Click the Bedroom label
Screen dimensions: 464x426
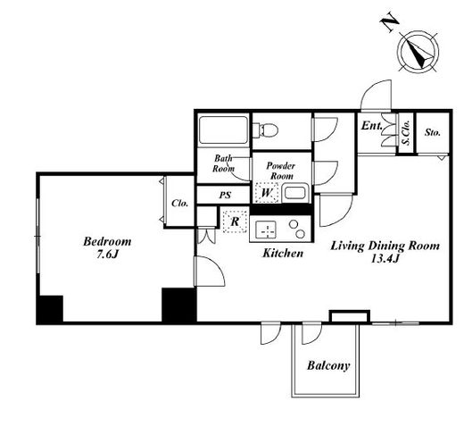point(107,241)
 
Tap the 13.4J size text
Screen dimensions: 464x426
point(385,259)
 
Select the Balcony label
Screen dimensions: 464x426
point(328,365)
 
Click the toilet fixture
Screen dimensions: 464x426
point(265,129)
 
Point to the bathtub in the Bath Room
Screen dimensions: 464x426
point(224,129)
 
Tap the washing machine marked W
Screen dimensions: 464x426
point(267,193)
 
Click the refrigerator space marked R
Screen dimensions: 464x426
point(235,221)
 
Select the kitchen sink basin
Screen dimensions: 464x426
point(266,230)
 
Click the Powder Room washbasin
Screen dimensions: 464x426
point(294,193)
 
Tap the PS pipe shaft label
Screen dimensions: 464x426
point(225,196)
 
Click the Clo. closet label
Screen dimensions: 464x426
point(180,204)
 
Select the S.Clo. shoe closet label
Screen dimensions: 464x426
point(406,132)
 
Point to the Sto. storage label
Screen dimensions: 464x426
point(432,132)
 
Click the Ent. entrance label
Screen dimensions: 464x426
point(372,126)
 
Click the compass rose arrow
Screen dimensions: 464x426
point(418,54)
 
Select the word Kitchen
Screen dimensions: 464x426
point(283,253)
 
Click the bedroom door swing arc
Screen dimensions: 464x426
point(215,265)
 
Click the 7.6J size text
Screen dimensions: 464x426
point(107,255)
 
